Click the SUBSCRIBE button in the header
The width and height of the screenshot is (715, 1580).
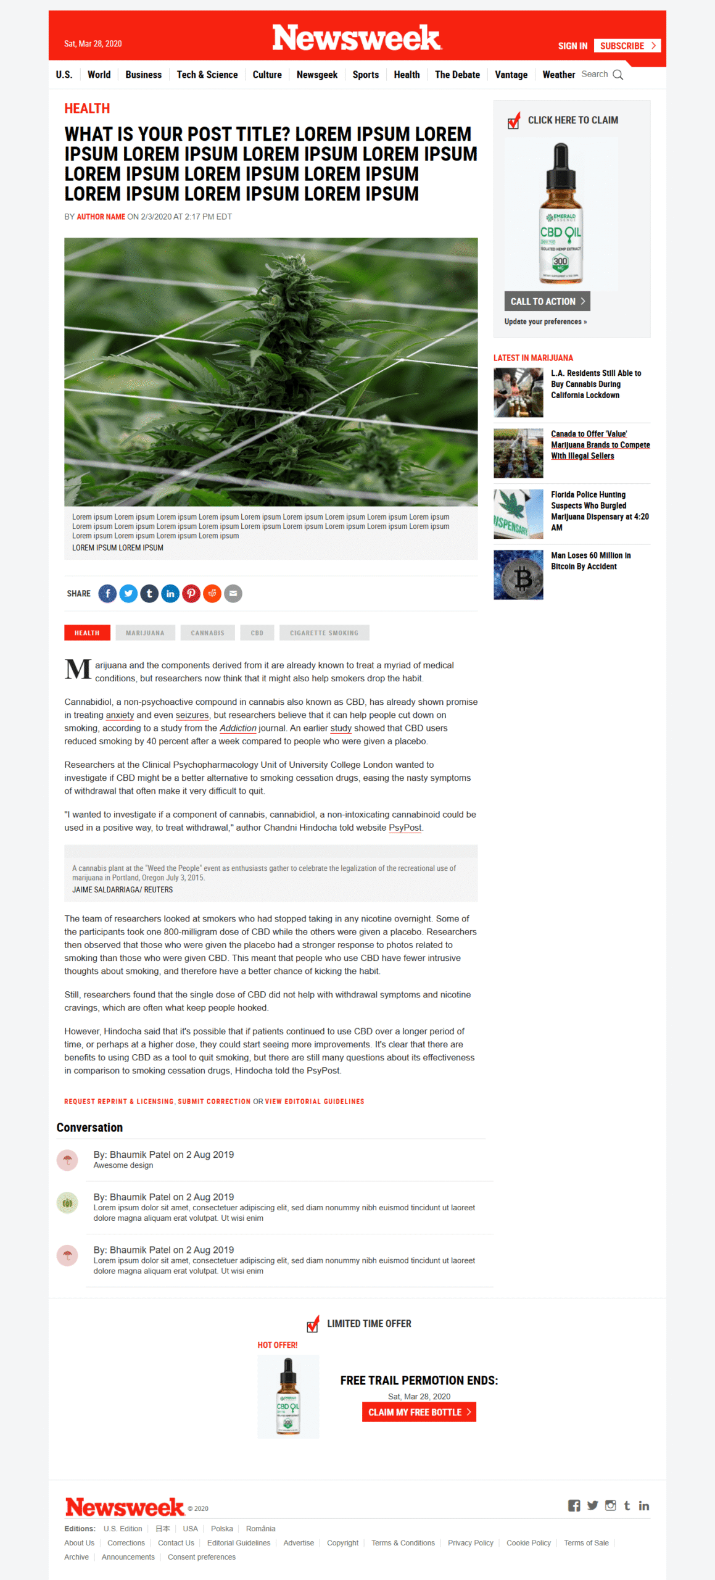[x=626, y=46]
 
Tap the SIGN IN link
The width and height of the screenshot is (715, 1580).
[x=572, y=46]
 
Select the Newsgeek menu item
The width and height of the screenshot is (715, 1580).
[x=316, y=75]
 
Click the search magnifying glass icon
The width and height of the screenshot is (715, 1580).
[x=618, y=75]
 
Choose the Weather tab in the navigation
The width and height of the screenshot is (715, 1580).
[x=558, y=75]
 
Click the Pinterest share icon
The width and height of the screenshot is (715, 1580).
[x=191, y=593]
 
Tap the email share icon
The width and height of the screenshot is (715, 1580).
[x=233, y=593]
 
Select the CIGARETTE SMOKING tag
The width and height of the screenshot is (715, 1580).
[x=324, y=633]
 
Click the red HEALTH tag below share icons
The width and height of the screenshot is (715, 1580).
[x=87, y=633]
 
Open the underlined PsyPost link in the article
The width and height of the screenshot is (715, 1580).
[x=405, y=828]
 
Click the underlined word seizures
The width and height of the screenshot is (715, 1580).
[x=192, y=715]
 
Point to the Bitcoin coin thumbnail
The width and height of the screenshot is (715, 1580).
[x=518, y=575]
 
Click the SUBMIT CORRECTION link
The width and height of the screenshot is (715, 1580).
[x=214, y=1102]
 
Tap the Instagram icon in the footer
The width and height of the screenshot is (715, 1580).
[x=610, y=1505]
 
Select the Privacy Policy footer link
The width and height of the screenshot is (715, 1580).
[x=470, y=1543]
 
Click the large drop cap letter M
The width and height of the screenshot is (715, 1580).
[x=78, y=669]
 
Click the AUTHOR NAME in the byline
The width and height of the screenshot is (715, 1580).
[x=101, y=217]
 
